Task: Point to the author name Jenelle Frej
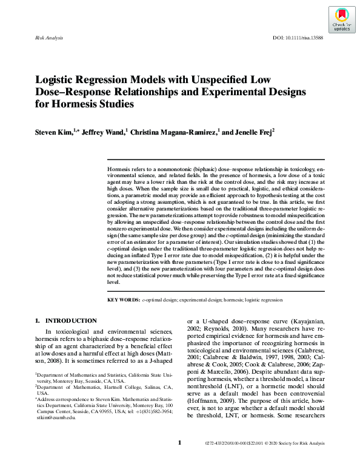coord(250,132)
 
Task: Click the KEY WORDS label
coord(124,300)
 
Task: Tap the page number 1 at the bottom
coord(180,460)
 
